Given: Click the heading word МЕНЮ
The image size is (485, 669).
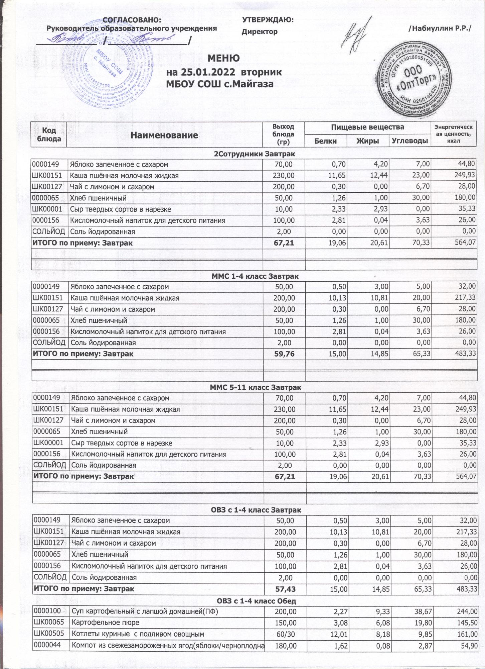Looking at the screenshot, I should [223, 58].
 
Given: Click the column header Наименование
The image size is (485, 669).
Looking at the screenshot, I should [164, 135].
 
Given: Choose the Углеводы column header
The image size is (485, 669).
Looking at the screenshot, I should [410, 141].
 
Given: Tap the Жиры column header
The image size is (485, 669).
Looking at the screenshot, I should [367, 141].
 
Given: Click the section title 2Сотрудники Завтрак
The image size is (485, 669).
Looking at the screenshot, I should [254, 154].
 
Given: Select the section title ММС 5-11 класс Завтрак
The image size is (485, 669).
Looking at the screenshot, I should [256, 388].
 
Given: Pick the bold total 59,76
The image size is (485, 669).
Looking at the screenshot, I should [284, 354].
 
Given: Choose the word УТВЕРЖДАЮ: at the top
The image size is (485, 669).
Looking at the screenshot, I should [268, 20].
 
